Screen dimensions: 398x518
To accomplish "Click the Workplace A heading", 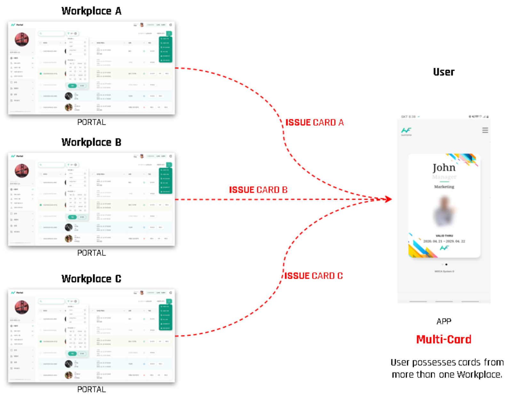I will pos(91,11).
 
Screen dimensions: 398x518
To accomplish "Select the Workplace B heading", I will pos(91,142).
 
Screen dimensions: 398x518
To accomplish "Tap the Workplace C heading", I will pos(91,279).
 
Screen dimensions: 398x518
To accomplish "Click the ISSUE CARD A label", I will pos(314,123).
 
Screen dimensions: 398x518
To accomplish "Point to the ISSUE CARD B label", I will pos(258,190).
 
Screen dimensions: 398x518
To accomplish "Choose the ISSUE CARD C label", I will pos(313,276).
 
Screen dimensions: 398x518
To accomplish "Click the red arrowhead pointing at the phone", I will pos(388,199).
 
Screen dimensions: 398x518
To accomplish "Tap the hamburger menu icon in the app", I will pos(485,130).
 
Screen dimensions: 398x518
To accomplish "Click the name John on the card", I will pos(444,168).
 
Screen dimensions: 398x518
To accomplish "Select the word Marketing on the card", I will pos(444,187).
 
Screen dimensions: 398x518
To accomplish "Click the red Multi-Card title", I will pos(444,339).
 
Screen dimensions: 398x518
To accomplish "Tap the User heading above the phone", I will pos(443,72).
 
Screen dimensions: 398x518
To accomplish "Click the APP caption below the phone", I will pos(444,321).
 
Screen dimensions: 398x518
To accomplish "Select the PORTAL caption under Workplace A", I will pos(92,122).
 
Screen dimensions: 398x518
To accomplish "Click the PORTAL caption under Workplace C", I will pos(92,389).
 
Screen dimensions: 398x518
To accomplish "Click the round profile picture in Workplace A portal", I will pos(22,39).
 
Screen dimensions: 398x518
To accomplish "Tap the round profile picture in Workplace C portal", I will pos(22,307).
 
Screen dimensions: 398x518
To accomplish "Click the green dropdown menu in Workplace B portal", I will pos(165,181).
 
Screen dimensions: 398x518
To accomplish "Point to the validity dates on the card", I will pos(444,241).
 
